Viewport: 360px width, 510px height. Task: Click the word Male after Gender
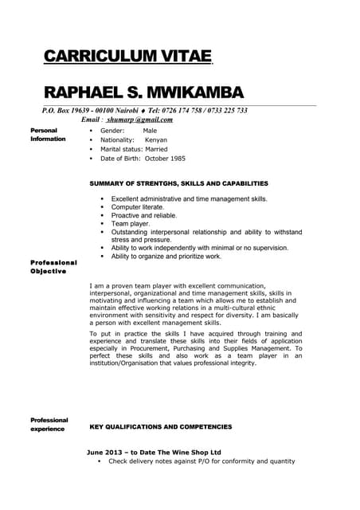[150, 130]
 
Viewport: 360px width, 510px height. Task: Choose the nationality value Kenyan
[156, 139]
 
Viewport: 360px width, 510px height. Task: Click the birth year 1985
[174, 159]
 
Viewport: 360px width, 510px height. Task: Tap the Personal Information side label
[48, 135]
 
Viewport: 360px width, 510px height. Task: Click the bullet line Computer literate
[138, 207]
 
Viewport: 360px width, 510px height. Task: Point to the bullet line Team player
[130, 224]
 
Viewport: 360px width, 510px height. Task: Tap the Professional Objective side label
[53, 266]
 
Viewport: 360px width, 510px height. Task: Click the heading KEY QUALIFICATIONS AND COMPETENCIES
[161, 427]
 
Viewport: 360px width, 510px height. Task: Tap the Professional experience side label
[49, 424]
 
